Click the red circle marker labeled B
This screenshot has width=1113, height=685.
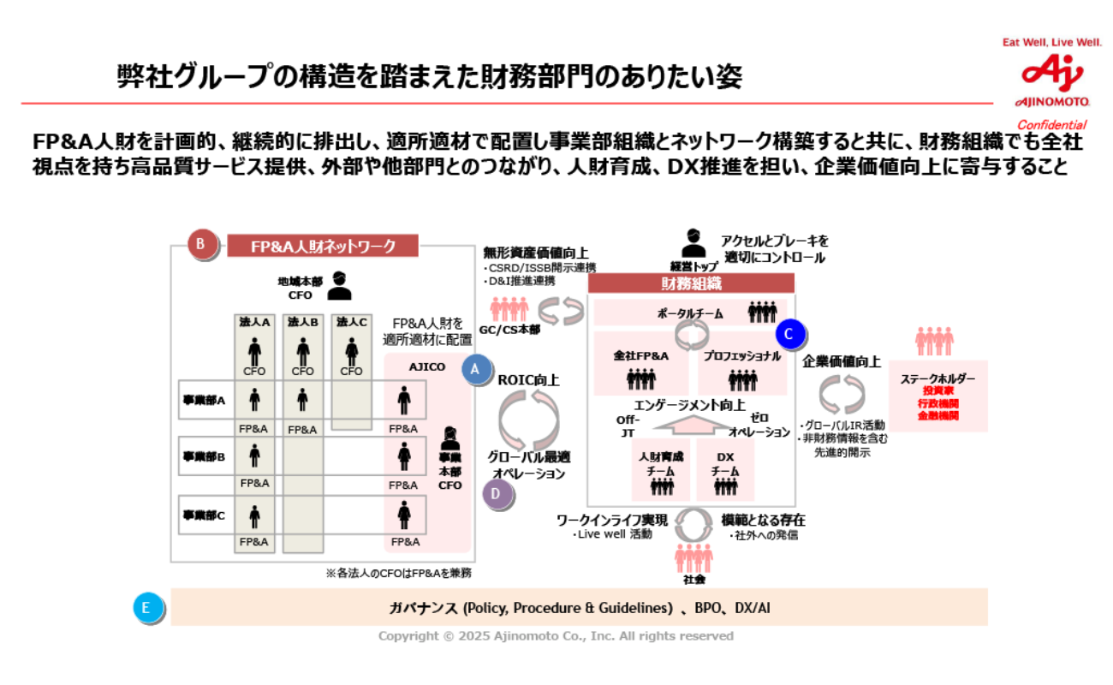click(200, 245)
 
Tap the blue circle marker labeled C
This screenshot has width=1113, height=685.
click(789, 333)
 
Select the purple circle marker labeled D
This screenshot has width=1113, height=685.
click(497, 494)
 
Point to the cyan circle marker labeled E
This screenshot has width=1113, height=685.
click(146, 607)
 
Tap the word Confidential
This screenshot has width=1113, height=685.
click(1051, 125)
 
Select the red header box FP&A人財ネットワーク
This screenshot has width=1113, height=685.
click(323, 247)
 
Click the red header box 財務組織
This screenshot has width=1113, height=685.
click(691, 283)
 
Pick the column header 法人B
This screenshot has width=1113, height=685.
click(302, 322)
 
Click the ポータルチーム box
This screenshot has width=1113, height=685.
click(690, 313)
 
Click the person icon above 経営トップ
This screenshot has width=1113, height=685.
click(693, 243)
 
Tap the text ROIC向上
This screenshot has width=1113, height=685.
click(528, 379)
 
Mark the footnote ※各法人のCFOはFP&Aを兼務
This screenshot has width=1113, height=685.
click(398, 573)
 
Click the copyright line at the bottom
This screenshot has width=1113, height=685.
click(556, 636)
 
